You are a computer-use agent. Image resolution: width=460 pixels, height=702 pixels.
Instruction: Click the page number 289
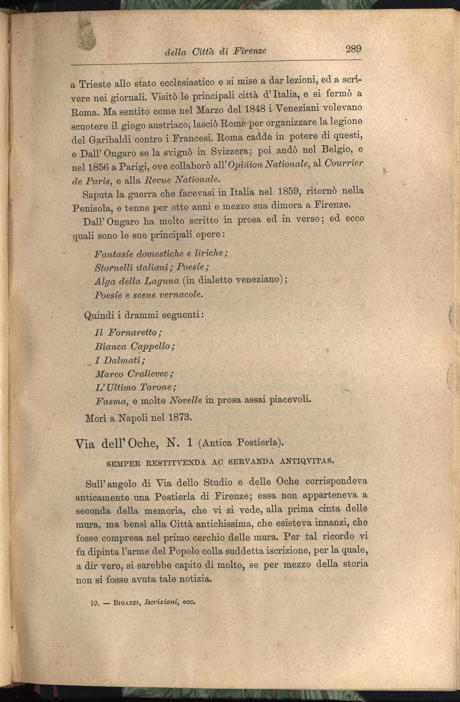tap(353, 48)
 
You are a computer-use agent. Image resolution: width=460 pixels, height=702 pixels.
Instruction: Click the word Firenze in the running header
tap(250, 51)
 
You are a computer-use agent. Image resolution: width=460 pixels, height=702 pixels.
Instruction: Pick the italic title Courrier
tap(343, 163)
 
